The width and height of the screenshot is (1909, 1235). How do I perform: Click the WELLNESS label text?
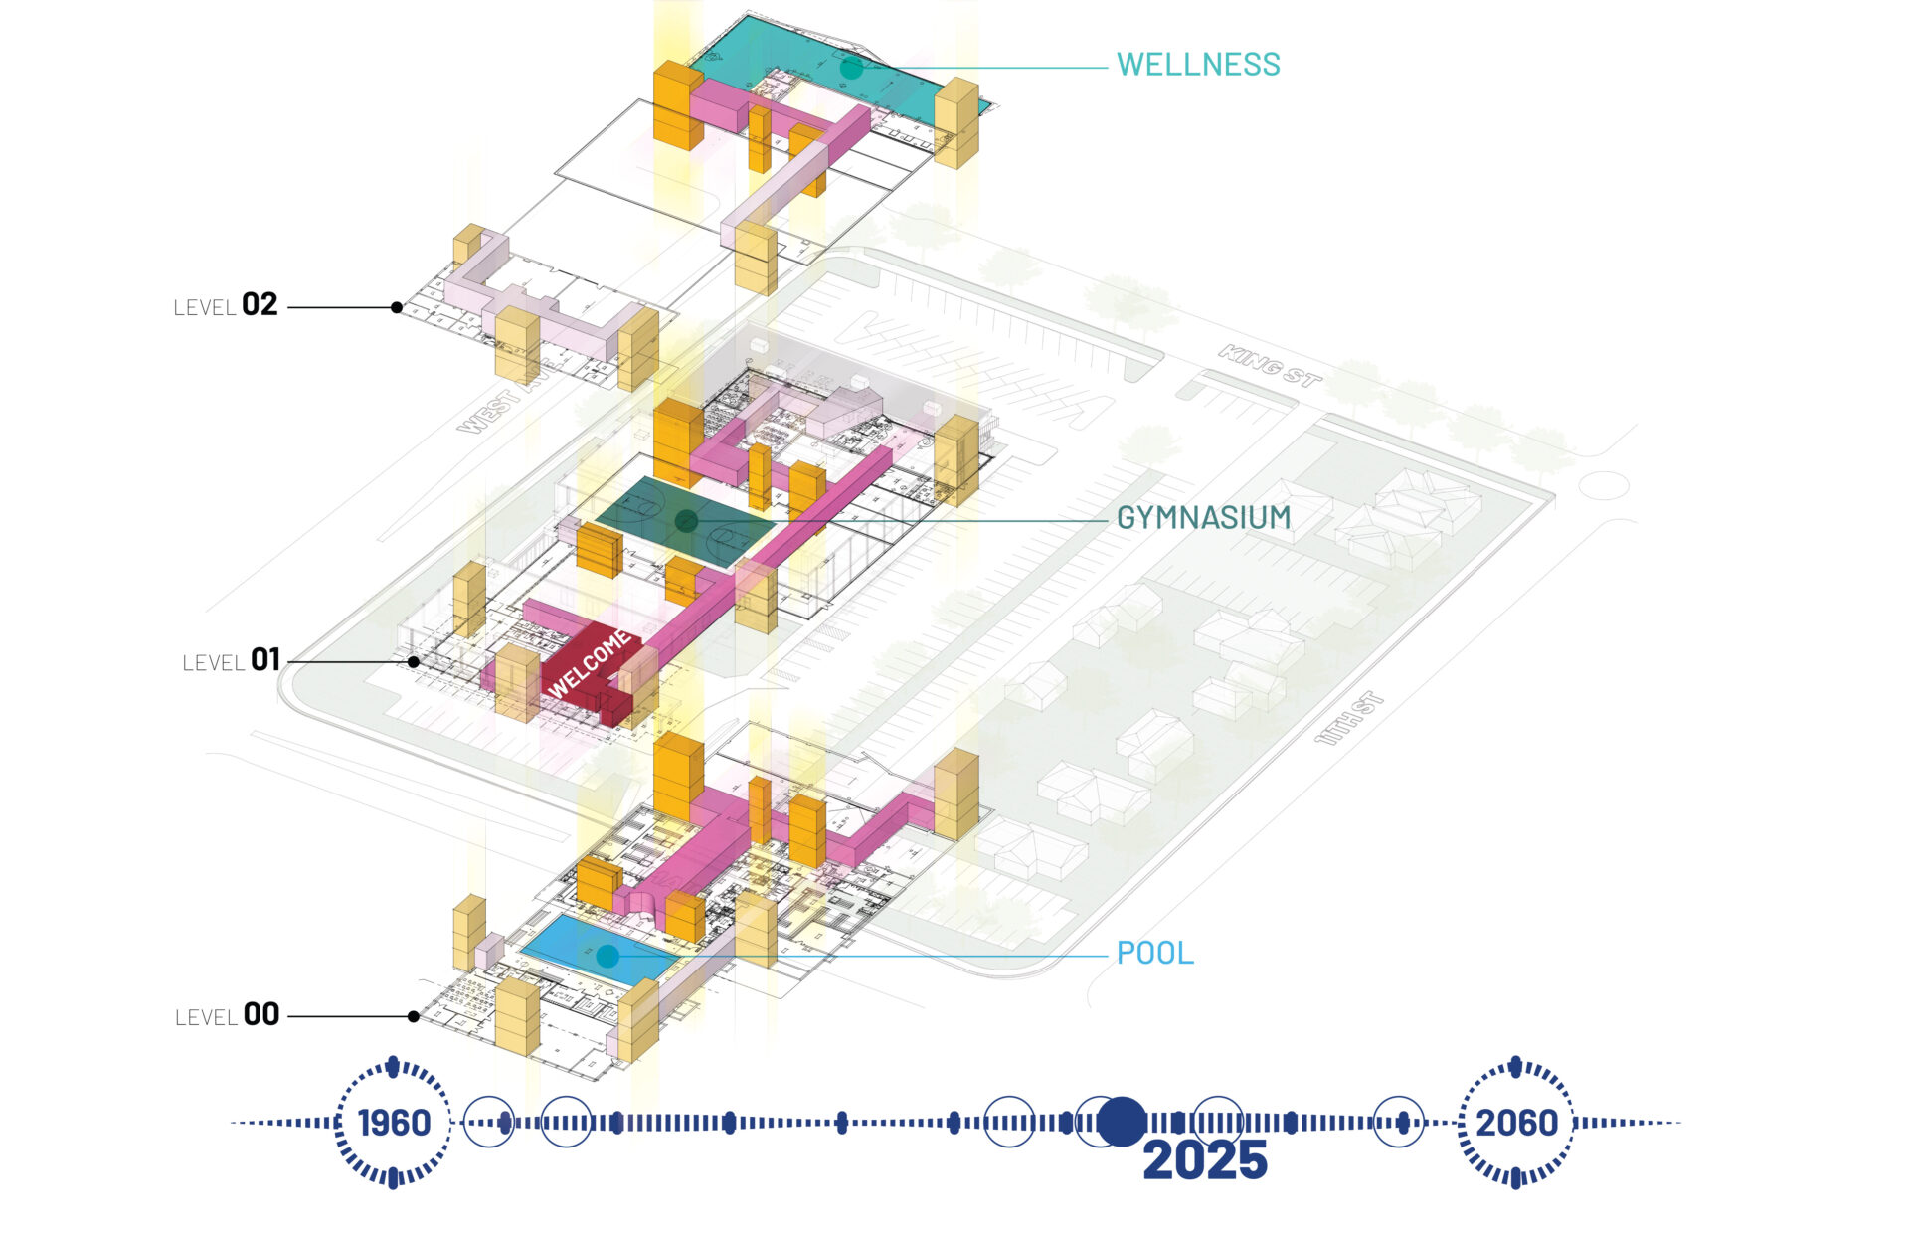pyautogui.click(x=1198, y=65)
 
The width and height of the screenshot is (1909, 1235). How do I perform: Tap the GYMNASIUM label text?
pyautogui.click(x=1203, y=518)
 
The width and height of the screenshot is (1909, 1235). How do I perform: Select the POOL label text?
pyautogui.click(x=1154, y=953)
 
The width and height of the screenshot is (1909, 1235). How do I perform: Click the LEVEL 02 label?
pyautogui.click(x=226, y=305)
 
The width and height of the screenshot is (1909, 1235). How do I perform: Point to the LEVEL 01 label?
pyautogui.click(x=231, y=660)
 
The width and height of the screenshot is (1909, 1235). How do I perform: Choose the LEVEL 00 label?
pyautogui.click(x=227, y=1015)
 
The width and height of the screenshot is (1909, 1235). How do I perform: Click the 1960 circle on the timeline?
pyautogui.click(x=394, y=1123)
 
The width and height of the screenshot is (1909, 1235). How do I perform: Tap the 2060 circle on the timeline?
pyautogui.click(x=1515, y=1123)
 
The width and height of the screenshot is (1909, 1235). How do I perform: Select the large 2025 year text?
pyautogui.click(x=1205, y=1160)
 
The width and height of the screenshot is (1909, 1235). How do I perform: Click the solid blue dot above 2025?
pyautogui.click(x=1122, y=1122)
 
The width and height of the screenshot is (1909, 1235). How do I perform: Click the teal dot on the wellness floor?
pyautogui.click(x=851, y=68)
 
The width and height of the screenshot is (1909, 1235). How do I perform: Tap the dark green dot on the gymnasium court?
pyautogui.click(x=686, y=520)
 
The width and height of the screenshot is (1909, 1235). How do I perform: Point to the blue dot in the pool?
pyautogui.click(x=607, y=957)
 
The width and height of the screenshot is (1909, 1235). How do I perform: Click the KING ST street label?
pyautogui.click(x=1270, y=366)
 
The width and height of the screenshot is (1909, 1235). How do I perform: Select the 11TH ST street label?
pyautogui.click(x=1349, y=718)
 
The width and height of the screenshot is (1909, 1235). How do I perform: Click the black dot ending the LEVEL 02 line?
pyautogui.click(x=397, y=307)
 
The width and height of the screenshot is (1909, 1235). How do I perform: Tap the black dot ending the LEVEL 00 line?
pyautogui.click(x=413, y=1016)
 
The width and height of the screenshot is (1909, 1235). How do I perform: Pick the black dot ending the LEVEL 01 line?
pyautogui.click(x=413, y=661)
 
